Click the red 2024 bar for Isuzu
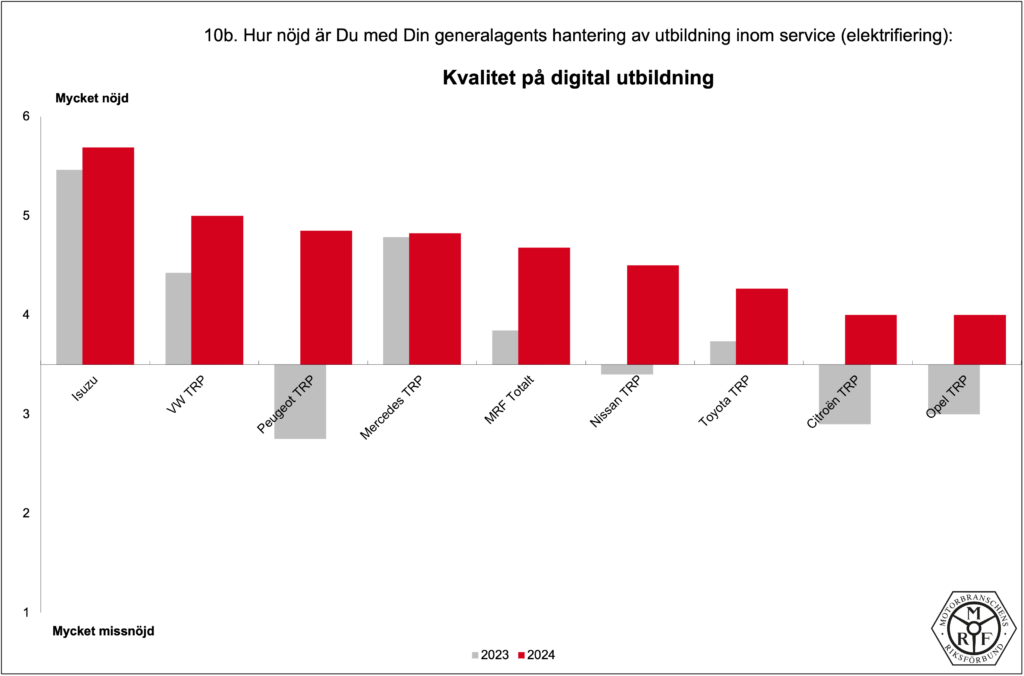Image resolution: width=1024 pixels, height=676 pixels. coord(108,255)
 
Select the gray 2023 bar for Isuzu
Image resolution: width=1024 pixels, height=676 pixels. coord(69,266)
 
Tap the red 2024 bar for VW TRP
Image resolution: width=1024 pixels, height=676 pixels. coord(217,289)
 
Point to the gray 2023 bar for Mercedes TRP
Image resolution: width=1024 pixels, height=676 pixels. coord(396,300)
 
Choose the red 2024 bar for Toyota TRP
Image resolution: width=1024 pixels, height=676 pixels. coord(762,326)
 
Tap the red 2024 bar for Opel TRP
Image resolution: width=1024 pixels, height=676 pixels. coord(979,339)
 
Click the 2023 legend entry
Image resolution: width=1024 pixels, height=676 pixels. coord(489,655)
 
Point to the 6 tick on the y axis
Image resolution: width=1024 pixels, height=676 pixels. coord(27,117)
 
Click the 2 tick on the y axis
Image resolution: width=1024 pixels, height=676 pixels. coord(27,513)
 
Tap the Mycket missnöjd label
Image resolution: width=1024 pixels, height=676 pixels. coord(103,631)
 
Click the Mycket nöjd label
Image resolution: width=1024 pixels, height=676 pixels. coord(92,98)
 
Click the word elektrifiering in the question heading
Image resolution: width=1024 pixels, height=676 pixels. coord(894,35)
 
